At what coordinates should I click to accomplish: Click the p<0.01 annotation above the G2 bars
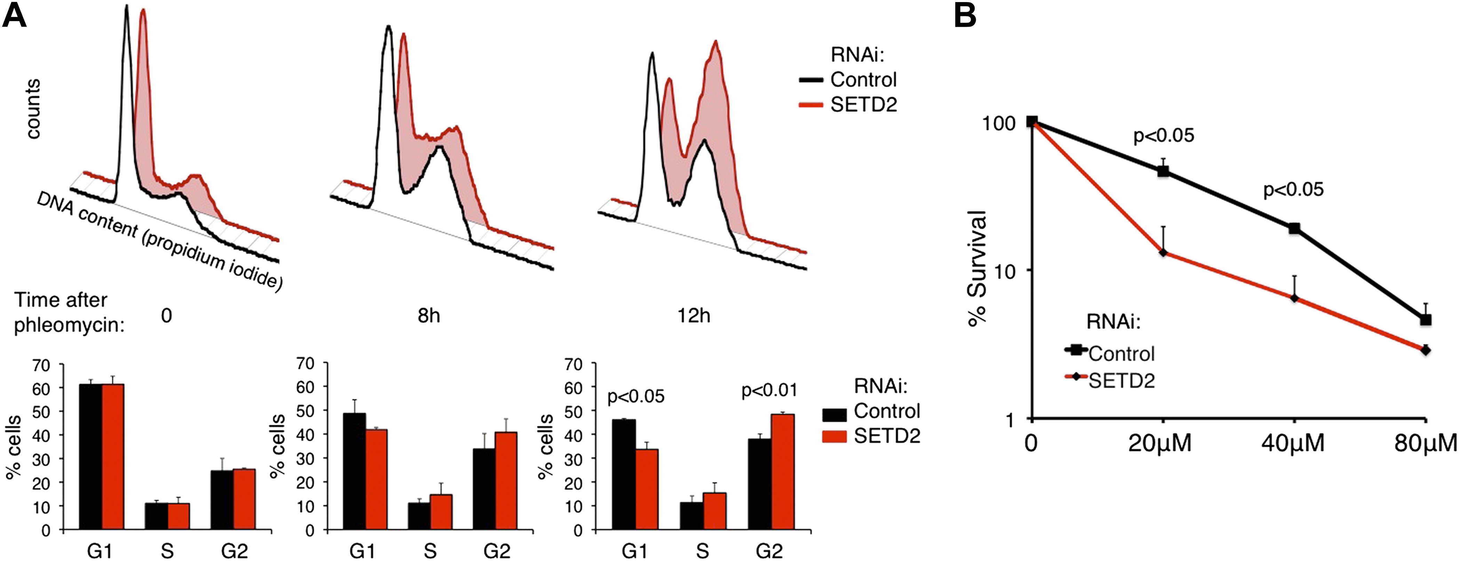coord(768,391)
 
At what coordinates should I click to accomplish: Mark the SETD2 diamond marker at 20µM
coord(1163,252)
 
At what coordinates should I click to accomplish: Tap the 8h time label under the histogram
coord(429,315)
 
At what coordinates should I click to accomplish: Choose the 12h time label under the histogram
coord(694,315)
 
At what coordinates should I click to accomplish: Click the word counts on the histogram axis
coord(33,109)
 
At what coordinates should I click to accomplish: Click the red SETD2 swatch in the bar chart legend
coord(834,436)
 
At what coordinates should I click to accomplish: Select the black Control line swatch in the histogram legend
coord(811,80)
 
